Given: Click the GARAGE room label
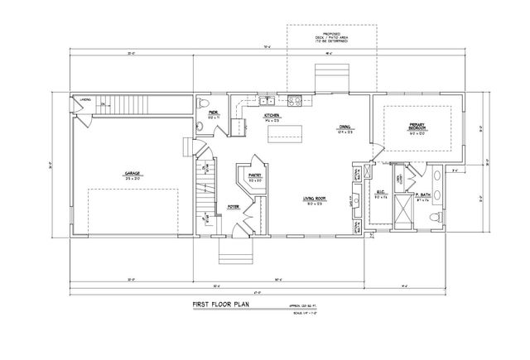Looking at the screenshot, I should coord(132,174).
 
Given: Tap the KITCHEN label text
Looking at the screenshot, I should coord(271,117).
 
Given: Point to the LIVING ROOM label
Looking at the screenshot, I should coord(313,199).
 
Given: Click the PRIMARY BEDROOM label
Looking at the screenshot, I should coord(417,127).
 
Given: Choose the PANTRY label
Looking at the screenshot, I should coord(255,175).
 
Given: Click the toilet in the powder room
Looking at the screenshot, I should coord(202,127).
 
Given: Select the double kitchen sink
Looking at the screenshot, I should coord(267,102).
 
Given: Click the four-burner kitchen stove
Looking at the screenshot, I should coord(295,102).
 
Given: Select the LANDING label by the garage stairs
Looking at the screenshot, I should coord(84,100).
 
